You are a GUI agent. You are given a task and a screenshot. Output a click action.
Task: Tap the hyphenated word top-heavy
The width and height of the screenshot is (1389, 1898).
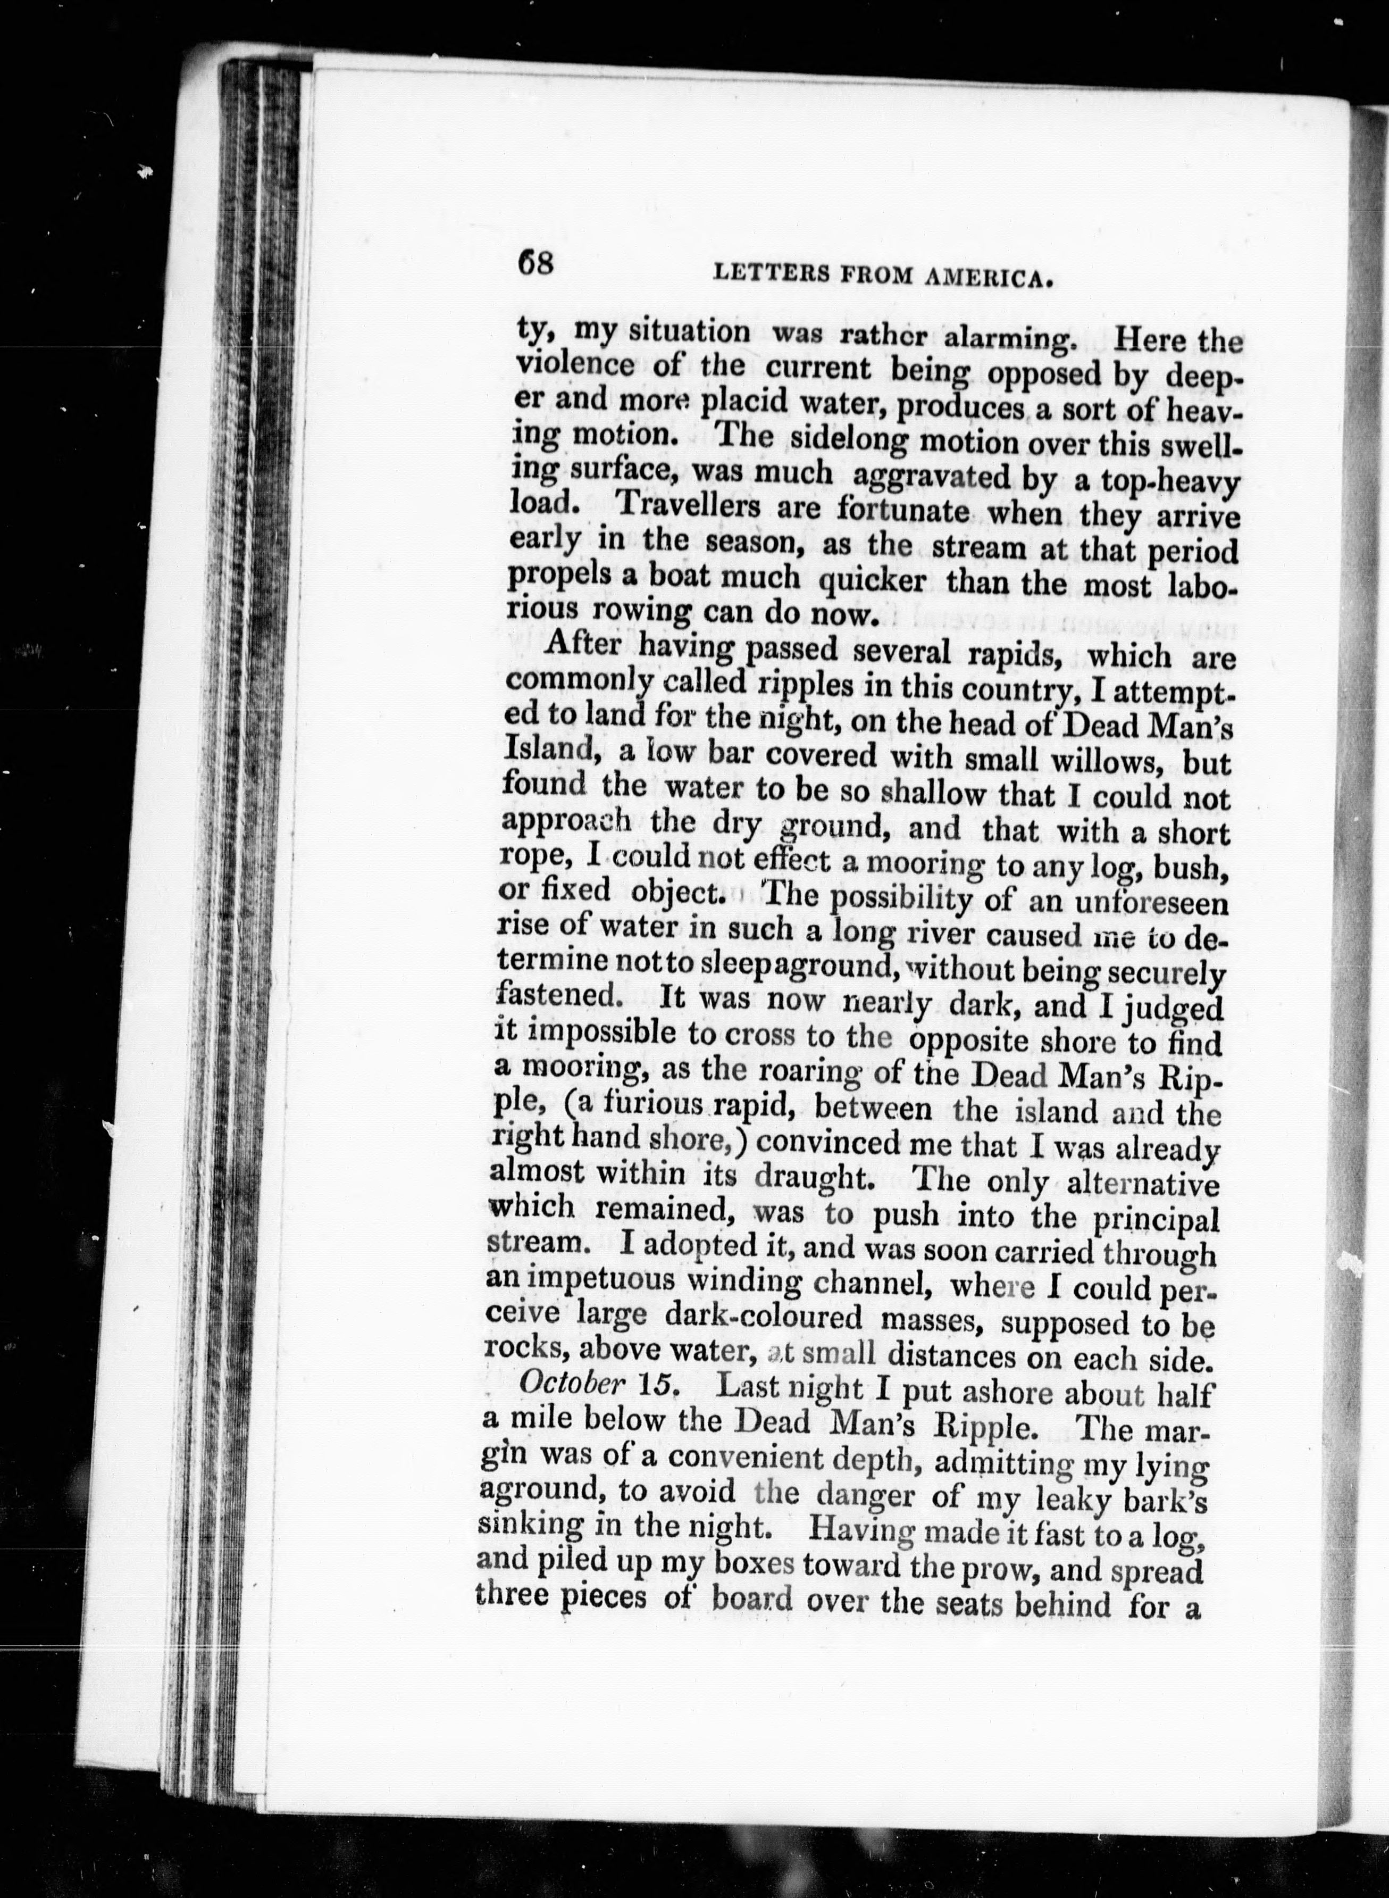click(1170, 482)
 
